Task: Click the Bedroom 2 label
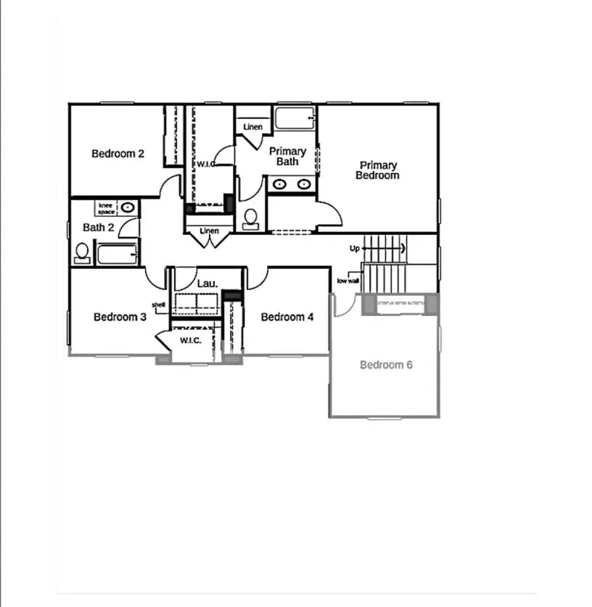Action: coord(118,154)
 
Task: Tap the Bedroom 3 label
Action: coord(120,317)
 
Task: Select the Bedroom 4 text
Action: coord(287,317)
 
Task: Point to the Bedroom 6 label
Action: coord(386,365)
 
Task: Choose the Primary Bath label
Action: coord(287,157)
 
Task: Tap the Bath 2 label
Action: coord(98,228)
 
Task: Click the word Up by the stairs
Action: coord(355,249)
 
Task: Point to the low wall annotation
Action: coord(348,281)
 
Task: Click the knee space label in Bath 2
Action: coord(107,208)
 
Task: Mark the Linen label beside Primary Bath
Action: coord(252,128)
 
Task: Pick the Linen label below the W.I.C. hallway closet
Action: coord(209,231)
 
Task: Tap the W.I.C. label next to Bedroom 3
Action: coord(190,341)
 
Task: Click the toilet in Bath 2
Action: coord(82,252)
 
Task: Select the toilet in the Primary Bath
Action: coord(251,218)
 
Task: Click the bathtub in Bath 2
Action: coord(116,255)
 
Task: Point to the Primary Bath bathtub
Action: coord(294,117)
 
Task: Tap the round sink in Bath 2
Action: coord(128,207)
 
